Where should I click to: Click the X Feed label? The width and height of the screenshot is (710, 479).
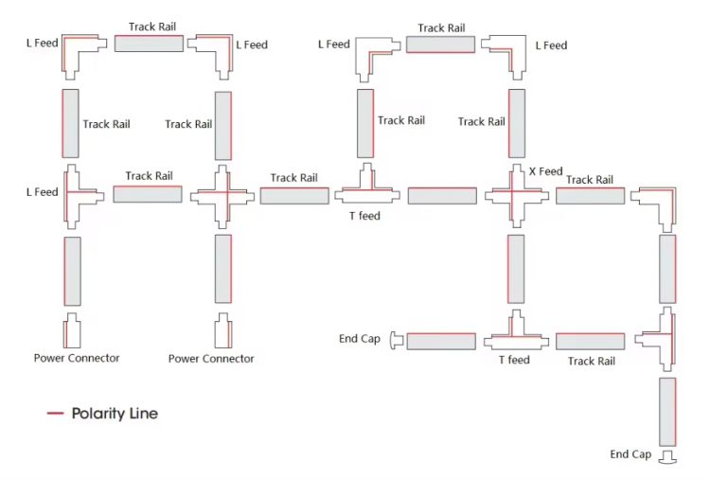(545, 171)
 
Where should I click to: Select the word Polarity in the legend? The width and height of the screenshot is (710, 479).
(98, 414)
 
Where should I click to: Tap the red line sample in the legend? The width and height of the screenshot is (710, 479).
(55, 413)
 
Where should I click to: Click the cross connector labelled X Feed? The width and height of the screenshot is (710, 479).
(517, 196)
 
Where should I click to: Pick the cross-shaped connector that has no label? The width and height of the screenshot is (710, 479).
(222, 197)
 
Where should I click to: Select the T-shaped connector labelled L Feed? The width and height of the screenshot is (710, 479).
(73, 197)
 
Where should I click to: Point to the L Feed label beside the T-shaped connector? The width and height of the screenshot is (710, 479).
(42, 192)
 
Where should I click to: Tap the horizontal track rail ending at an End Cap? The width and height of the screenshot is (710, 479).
(441, 342)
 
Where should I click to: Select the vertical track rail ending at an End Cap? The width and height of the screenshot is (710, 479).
(667, 412)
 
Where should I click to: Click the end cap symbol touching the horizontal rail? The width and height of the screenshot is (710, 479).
(397, 341)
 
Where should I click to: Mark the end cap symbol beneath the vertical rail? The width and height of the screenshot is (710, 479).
(668, 457)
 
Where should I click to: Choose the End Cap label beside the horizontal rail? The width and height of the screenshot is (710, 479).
(360, 339)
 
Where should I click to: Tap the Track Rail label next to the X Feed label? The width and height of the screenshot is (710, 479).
(590, 180)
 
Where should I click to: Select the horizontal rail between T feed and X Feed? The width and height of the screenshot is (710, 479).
(442, 196)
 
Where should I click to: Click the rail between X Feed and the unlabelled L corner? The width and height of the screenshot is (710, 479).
(590, 196)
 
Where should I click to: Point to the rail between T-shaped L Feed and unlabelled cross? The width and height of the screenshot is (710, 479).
(148, 194)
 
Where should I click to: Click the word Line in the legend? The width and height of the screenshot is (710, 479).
(144, 414)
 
